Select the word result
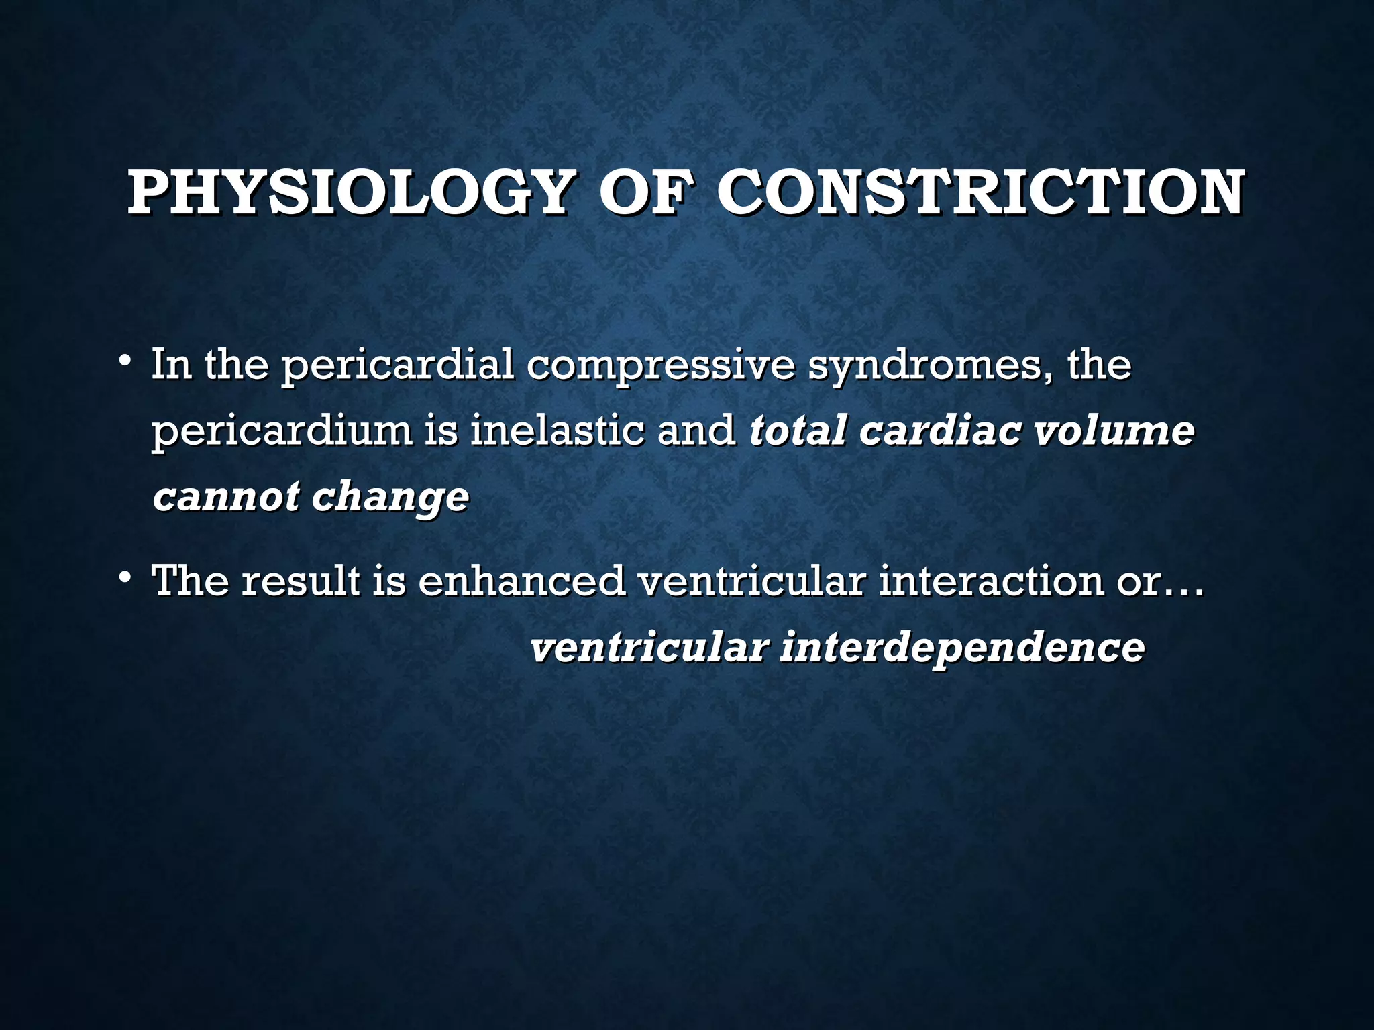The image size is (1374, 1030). (x=301, y=580)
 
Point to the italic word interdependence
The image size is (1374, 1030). (x=963, y=648)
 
